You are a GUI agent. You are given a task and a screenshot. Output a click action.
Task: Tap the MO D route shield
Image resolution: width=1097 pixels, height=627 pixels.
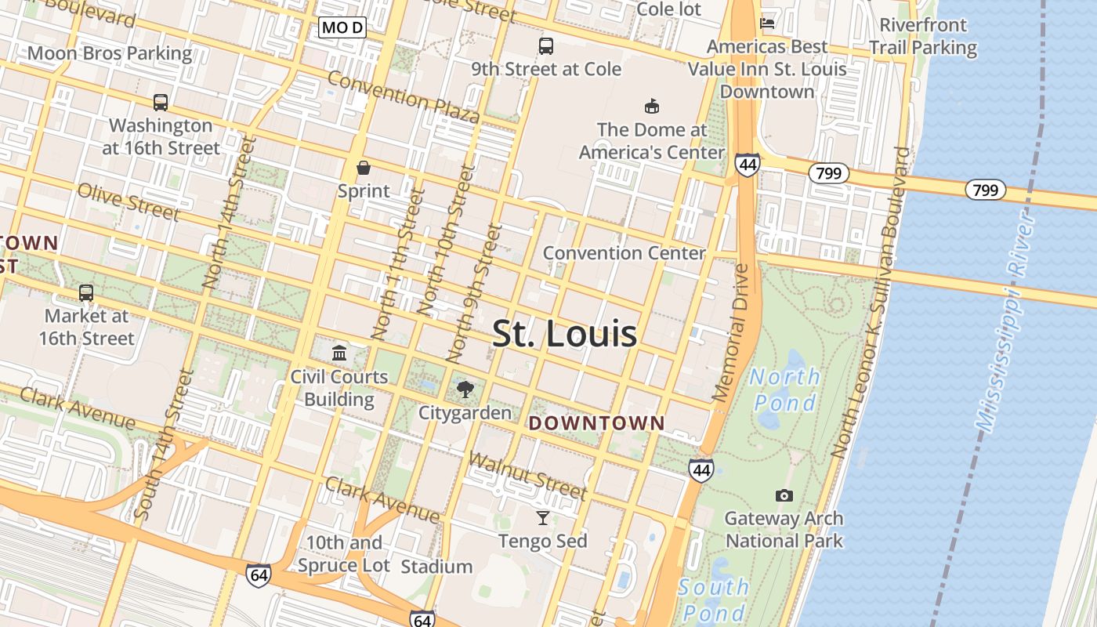click(343, 28)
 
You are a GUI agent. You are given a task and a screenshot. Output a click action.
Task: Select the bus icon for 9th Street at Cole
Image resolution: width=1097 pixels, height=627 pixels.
click(546, 46)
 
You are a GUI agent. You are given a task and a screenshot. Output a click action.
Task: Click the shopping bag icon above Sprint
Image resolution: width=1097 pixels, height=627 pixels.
click(364, 168)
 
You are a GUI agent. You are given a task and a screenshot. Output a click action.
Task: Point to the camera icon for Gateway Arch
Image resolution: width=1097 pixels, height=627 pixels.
click(784, 495)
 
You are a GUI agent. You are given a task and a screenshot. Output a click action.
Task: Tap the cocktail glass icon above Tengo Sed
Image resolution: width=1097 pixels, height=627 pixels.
click(542, 517)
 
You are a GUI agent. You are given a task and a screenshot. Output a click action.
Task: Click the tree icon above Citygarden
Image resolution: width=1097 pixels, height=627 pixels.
click(465, 389)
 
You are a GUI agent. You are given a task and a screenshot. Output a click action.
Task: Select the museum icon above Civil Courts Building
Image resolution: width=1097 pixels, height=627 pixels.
click(339, 353)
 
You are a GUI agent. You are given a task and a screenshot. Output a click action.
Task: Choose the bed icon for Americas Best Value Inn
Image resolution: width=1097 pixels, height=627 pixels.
click(767, 24)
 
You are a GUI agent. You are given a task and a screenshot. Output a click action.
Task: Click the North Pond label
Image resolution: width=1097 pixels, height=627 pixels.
click(784, 390)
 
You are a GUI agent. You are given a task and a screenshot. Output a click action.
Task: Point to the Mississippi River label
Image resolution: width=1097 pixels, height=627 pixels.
click(1008, 321)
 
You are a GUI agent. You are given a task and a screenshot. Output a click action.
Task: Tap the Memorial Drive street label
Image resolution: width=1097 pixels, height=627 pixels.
click(732, 333)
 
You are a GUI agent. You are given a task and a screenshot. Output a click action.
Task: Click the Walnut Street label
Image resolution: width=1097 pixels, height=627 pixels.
click(527, 475)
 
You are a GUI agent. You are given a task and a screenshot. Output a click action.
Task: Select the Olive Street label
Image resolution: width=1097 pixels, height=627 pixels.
click(128, 201)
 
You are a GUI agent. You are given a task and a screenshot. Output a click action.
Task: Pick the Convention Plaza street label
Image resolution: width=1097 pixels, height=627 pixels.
click(403, 96)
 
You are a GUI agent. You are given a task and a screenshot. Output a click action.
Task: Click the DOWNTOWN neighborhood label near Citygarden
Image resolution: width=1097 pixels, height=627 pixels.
click(597, 423)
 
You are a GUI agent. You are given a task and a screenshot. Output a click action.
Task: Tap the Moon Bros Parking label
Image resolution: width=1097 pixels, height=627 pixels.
click(110, 53)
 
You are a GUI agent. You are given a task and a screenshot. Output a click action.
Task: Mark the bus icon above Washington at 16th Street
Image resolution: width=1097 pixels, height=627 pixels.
click(161, 102)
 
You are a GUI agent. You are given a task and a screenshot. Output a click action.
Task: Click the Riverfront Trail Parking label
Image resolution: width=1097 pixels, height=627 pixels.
click(923, 36)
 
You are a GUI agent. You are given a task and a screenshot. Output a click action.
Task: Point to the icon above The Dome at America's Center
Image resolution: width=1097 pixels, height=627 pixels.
click(651, 106)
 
